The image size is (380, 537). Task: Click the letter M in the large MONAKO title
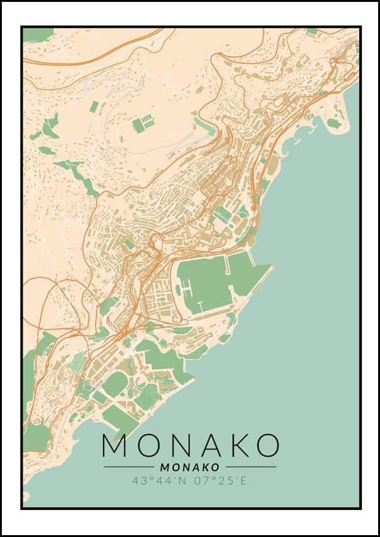click(x=115, y=445)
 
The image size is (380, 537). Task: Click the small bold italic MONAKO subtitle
click(x=190, y=467)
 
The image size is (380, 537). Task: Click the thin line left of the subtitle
click(x=129, y=467)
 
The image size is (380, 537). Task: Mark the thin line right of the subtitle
click(x=251, y=467)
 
